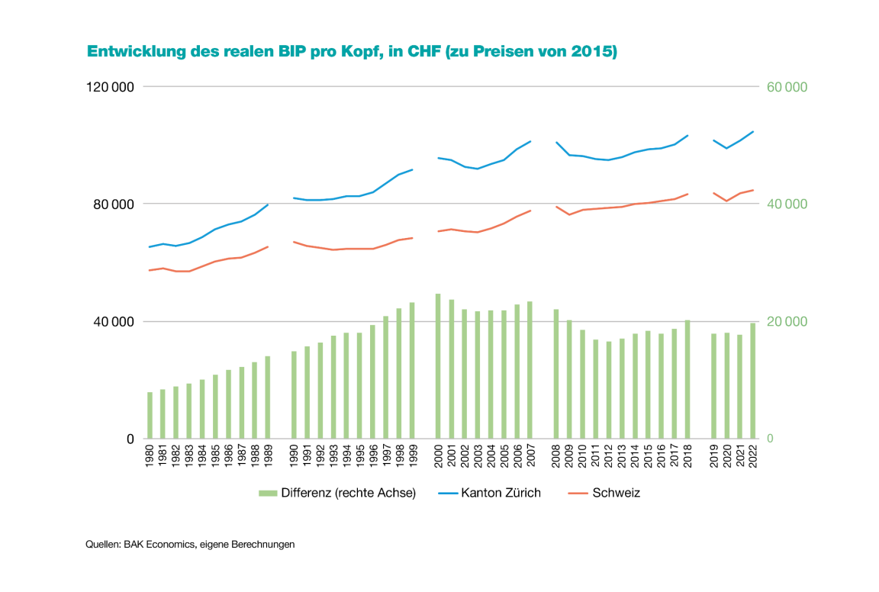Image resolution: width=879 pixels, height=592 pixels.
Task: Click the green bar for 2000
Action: [x=438, y=366]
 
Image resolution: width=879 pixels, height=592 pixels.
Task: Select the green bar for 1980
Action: [x=150, y=416]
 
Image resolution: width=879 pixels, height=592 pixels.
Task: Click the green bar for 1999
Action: [x=412, y=371]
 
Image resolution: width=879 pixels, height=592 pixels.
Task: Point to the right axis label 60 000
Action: [x=787, y=87]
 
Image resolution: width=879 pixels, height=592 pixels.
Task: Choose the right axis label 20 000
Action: [x=787, y=322]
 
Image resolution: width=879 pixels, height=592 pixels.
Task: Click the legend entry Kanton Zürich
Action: [x=501, y=493]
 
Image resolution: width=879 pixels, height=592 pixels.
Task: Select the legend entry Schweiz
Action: [x=616, y=493]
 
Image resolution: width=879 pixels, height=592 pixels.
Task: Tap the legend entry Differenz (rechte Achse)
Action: [x=348, y=493]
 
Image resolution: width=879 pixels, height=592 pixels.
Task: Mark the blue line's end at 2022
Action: [x=753, y=131]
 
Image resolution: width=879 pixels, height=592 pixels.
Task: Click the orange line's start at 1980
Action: [x=150, y=271]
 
